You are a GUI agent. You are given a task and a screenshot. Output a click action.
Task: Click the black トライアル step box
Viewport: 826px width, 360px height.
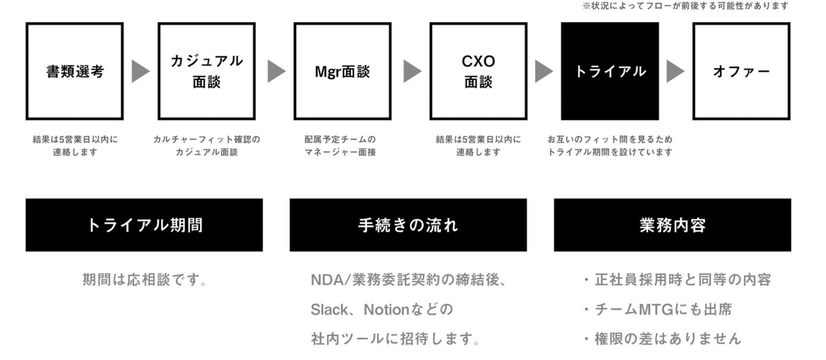[x=610, y=71]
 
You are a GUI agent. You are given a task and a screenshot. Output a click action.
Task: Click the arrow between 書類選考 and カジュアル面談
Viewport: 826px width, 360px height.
[x=140, y=71]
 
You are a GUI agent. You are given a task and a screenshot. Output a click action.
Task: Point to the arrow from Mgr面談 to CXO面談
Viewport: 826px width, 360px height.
[x=412, y=71]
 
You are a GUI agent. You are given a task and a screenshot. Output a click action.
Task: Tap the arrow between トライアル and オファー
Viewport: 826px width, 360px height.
[x=675, y=71]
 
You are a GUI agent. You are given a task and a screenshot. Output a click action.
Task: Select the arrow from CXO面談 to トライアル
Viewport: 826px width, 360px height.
[x=544, y=71]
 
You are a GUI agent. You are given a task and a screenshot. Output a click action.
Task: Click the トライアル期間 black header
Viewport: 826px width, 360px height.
[x=144, y=225]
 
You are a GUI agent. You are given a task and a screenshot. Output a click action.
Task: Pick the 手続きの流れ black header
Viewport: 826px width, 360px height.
[x=408, y=225]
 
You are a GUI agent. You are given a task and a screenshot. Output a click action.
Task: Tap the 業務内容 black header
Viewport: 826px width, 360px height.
[x=673, y=225]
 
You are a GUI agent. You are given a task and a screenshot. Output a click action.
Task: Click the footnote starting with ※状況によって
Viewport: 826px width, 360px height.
[x=686, y=6]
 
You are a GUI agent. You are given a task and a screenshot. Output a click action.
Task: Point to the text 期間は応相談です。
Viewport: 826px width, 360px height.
[x=145, y=279]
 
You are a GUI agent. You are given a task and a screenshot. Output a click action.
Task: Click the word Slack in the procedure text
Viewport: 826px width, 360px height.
[x=329, y=310]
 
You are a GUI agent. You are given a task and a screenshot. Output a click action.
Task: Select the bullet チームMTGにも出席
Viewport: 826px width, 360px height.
[x=658, y=309]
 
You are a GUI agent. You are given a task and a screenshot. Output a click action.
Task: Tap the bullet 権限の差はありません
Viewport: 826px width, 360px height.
[x=663, y=339]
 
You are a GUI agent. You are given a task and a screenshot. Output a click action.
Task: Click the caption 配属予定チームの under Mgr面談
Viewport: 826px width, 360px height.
[x=340, y=140]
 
